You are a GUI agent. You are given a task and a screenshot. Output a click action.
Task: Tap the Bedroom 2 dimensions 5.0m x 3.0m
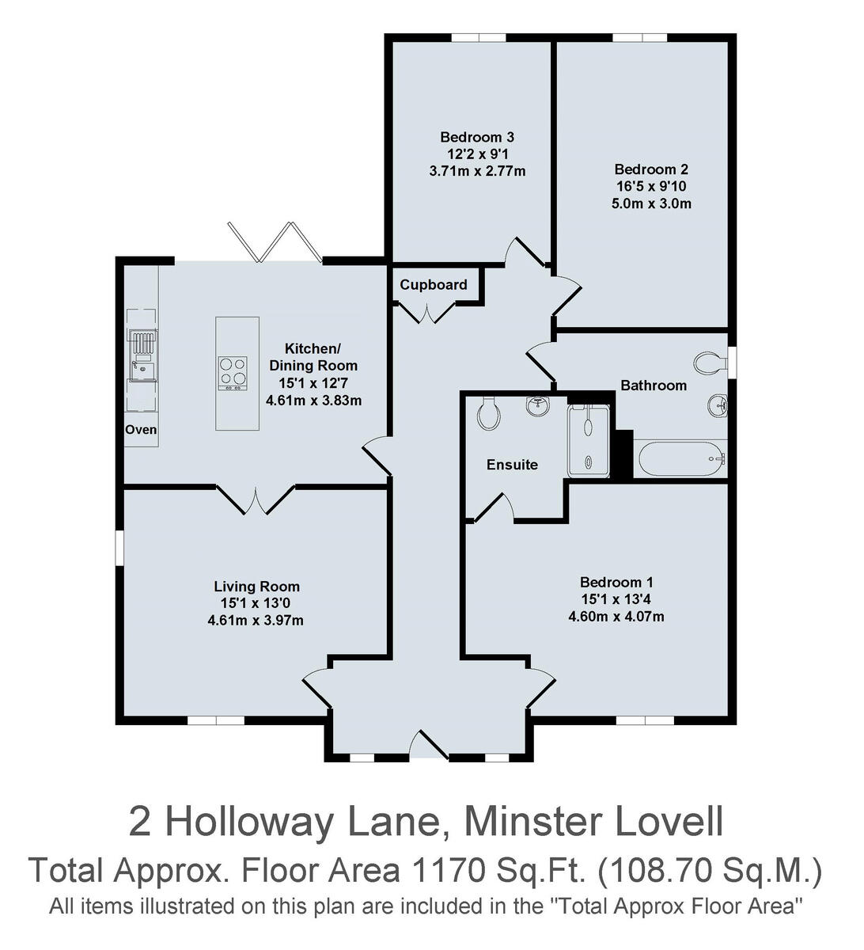[651, 203]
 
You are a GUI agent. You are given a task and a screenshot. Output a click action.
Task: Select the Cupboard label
[433, 285]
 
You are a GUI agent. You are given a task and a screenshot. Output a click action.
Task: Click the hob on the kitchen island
[233, 373]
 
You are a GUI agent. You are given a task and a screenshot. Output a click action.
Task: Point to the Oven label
[141, 430]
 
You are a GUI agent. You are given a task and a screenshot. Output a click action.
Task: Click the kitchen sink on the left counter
[143, 368]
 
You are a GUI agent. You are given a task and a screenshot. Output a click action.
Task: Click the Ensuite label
[512, 465]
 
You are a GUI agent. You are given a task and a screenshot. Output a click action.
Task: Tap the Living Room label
[256, 587]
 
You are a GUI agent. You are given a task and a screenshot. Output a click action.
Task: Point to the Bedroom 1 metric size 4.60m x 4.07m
[616, 616]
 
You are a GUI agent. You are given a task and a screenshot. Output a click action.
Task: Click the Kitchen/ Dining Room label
[313, 357]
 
